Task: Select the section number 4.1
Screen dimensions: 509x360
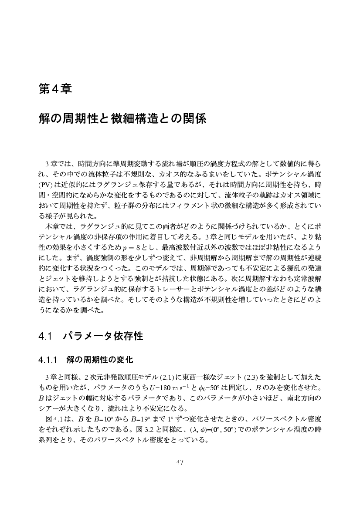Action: [45, 337]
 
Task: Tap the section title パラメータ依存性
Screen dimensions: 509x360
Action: [103, 337]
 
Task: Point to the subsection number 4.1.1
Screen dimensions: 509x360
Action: [48, 360]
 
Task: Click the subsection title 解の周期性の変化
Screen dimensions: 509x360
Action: [100, 360]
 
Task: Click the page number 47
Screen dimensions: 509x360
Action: [180, 462]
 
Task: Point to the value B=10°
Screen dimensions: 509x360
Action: [102, 419]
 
